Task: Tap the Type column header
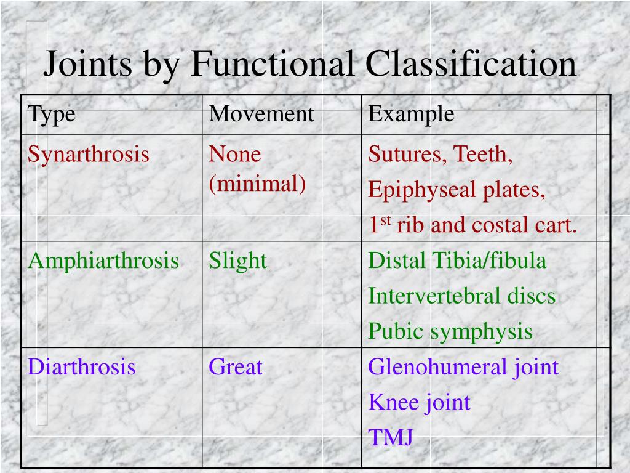coord(52,114)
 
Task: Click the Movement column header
coord(261,114)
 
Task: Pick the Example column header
coord(411,114)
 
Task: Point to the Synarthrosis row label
coord(89,154)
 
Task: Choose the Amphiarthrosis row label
coord(103,261)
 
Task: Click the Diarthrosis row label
coord(82,367)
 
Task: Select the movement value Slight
coord(237,261)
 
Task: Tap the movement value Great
coord(235,367)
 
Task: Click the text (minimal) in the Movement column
coord(257,184)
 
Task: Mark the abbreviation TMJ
coord(391,438)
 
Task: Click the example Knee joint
coord(419,403)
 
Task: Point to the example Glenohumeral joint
coord(463,367)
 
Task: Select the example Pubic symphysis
coord(450,331)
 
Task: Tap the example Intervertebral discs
coord(461,296)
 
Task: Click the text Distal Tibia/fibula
coord(457,261)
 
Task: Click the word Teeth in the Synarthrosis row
coord(483,154)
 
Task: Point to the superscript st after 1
coord(386,221)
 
